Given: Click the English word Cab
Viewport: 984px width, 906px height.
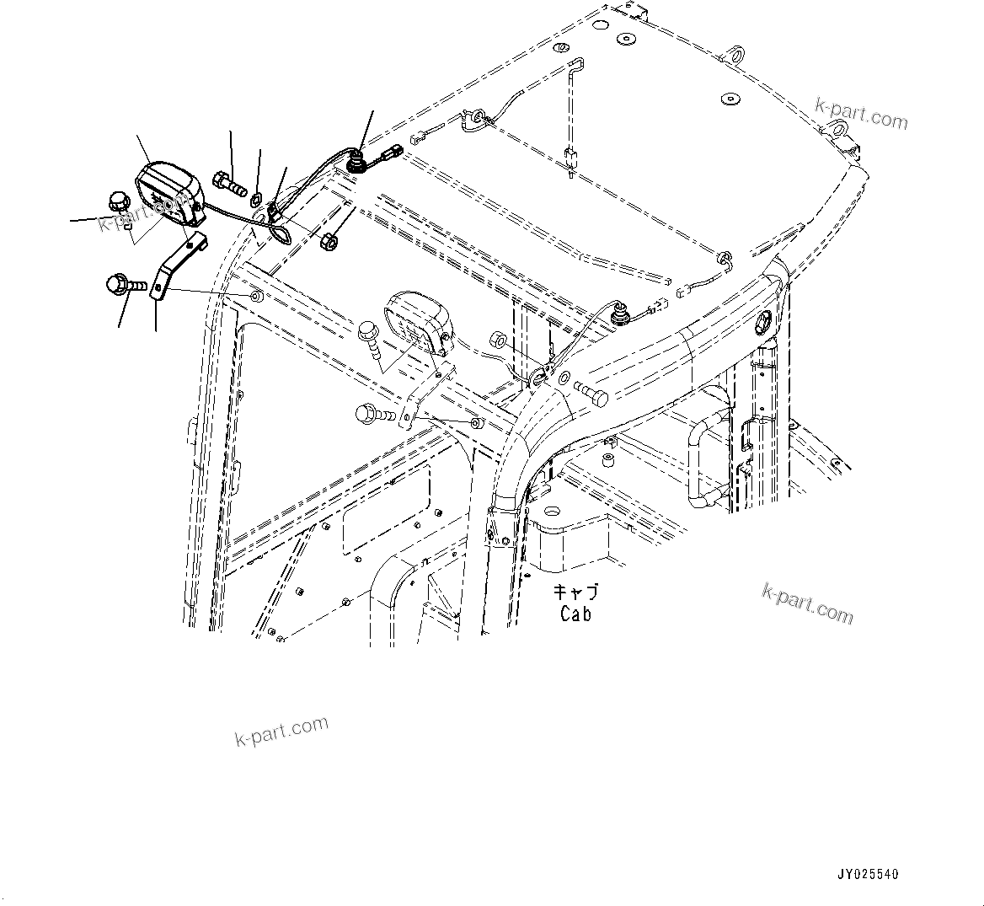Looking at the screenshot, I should [x=575, y=614].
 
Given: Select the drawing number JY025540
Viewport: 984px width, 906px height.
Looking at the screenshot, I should [x=867, y=875].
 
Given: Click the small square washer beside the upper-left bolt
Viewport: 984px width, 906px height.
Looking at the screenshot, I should [x=255, y=199].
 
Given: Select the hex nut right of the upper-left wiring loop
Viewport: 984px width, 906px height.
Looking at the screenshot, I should [x=330, y=241].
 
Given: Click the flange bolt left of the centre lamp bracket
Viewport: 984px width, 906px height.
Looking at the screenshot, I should [x=375, y=414].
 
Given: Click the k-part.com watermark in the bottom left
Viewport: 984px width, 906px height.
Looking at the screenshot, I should [x=281, y=732].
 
